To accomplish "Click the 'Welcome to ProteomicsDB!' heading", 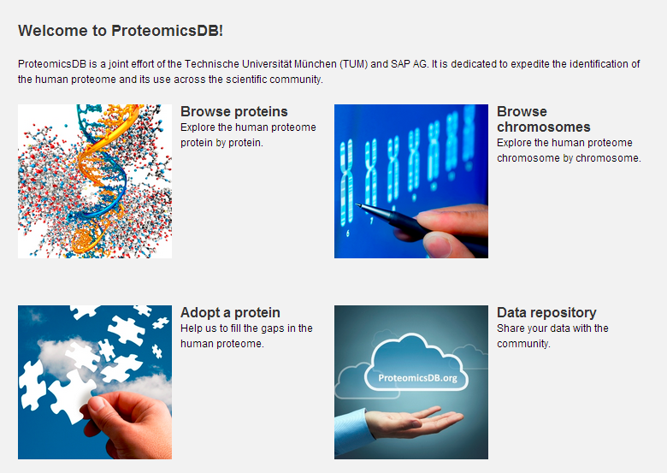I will [120, 31].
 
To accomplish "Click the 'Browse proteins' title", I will [233, 111].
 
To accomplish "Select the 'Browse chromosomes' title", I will [543, 119].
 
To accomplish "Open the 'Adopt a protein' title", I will [230, 312].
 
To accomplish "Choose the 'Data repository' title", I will [546, 312].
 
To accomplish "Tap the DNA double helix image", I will [94, 180].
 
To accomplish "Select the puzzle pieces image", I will [94, 381].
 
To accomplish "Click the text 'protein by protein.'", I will [221, 143].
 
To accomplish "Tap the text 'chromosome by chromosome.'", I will [569, 158].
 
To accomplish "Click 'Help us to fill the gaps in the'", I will [246, 328].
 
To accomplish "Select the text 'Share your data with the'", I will [552, 328].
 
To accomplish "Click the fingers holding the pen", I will [453, 231].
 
